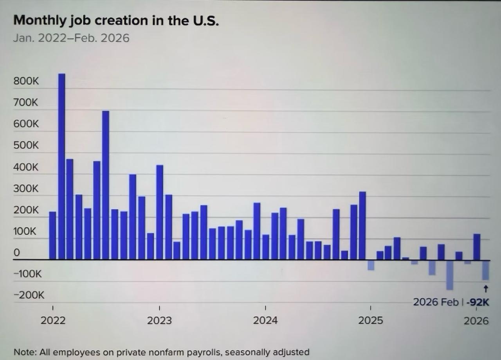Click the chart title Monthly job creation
[x=116, y=20]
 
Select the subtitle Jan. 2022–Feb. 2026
[x=71, y=38]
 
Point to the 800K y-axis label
[x=26, y=81]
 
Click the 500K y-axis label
[x=26, y=145]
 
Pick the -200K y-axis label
[x=29, y=295]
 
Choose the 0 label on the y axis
[x=16, y=252]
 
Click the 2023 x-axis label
[x=159, y=320]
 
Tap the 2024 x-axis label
[x=265, y=320]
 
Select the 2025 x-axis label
[x=371, y=320]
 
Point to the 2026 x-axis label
[x=476, y=320]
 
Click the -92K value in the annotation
[x=479, y=302]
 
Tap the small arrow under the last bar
[x=486, y=289]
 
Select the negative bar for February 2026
[x=486, y=270]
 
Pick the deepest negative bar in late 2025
[x=450, y=275]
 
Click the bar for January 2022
[x=52, y=236]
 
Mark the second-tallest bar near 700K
[x=106, y=185]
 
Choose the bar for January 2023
[x=159, y=212]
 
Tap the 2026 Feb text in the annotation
[x=436, y=302]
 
